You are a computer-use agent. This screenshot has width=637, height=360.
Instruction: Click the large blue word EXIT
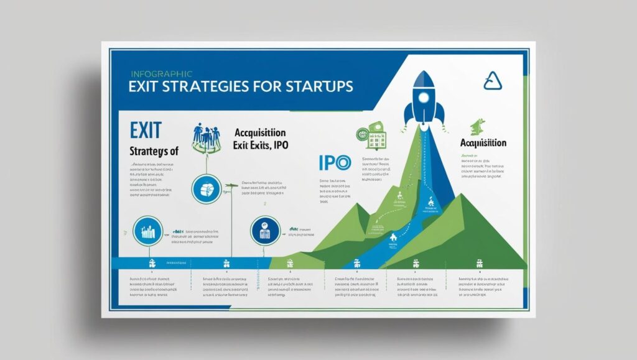[146, 130]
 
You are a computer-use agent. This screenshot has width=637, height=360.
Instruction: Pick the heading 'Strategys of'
[153, 150]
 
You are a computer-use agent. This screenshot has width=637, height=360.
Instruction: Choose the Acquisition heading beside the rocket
[483, 143]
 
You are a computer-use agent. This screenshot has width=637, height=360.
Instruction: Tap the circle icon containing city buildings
[147, 231]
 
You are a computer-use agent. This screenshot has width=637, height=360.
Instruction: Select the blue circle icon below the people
[205, 188]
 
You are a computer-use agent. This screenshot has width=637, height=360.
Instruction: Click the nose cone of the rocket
[425, 78]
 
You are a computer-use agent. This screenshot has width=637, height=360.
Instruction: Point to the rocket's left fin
[408, 115]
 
